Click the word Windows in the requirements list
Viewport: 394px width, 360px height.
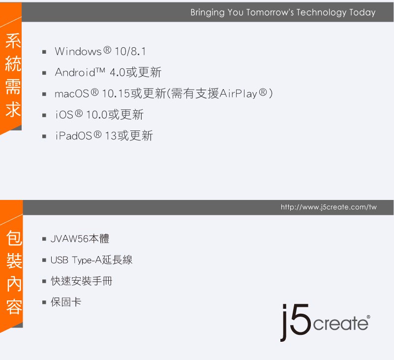point(78,52)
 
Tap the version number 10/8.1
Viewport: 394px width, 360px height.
point(130,52)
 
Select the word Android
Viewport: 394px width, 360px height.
point(75,72)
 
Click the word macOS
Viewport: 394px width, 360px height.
point(72,94)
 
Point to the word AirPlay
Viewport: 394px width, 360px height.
point(238,94)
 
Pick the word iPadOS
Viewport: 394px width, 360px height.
point(74,136)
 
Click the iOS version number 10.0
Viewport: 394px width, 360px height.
point(97,115)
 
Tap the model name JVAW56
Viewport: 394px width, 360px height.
point(69,239)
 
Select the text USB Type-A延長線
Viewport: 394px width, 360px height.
point(91,260)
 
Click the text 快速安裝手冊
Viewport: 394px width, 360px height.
point(82,281)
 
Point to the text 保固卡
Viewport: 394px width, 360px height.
point(66,302)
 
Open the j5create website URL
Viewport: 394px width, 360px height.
point(329,207)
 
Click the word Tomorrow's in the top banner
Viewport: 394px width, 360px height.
point(270,12)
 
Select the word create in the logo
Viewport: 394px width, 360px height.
point(341,324)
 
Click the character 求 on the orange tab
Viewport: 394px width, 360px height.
point(13,109)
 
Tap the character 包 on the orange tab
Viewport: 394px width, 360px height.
point(14,238)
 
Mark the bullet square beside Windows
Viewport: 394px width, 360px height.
point(44,52)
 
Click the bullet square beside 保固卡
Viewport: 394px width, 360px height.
point(44,302)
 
